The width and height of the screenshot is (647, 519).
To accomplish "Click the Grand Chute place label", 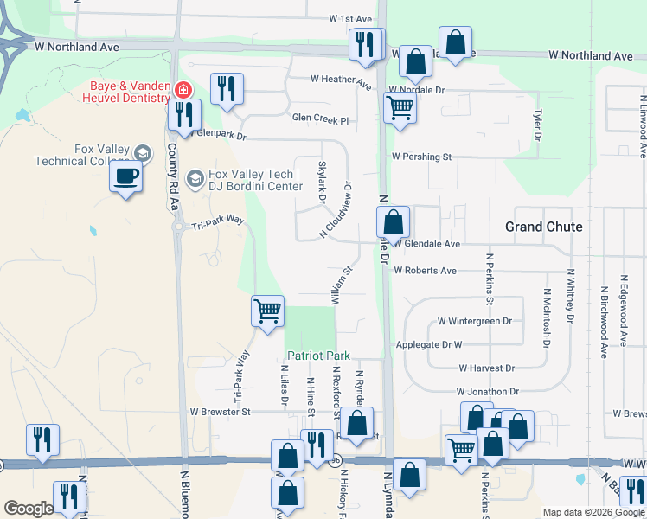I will [x=543, y=227].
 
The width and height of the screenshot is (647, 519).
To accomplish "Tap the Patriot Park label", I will [x=318, y=356].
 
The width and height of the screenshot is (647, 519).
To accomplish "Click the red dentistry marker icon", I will [x=183, y=90].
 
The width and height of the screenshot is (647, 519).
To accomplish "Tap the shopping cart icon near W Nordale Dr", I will [x=400, y=109].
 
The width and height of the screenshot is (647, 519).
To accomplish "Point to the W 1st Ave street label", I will [x=349, y=19].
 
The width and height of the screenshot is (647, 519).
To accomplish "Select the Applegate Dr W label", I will [x=452, y=344].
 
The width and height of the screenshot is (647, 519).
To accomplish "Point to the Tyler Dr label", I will [x=537, y=125].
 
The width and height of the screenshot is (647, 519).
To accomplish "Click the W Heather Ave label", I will [x=341, y=80].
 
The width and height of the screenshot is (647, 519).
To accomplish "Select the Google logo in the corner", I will [x=29, y=509].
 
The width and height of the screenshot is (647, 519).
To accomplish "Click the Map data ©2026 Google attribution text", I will [x=593, y=512].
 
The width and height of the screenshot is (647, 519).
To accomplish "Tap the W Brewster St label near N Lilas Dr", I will [x=220, y=412].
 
